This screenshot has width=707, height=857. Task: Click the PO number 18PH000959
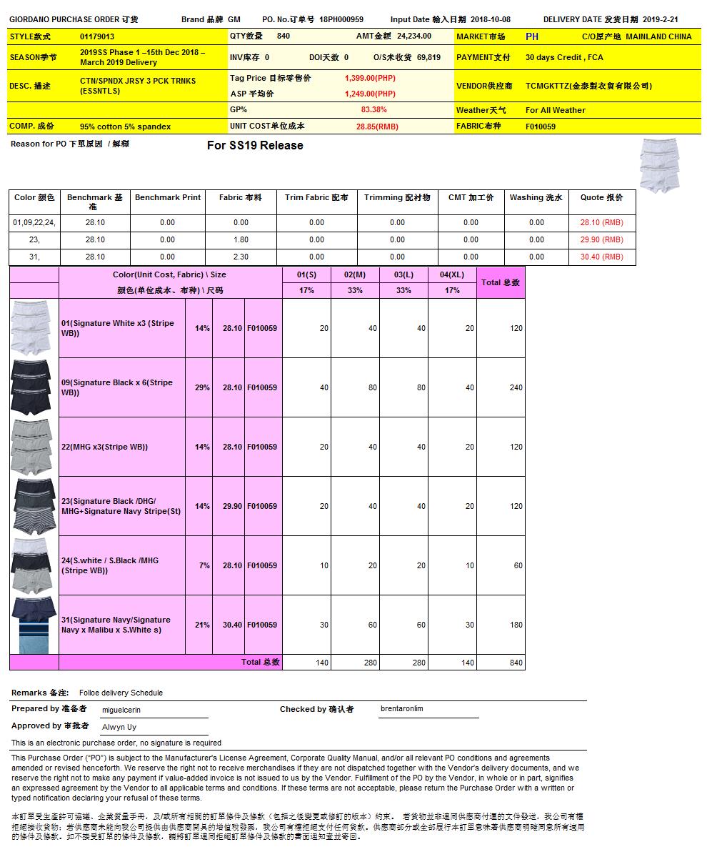[x=341, y=20]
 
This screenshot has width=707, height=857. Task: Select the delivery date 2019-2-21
[x=660, y=20]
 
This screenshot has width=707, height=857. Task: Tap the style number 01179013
[x=97, y=36]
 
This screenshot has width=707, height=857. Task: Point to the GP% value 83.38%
[x=373, y=110]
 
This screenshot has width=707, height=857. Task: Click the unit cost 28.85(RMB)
[x=377, y=127]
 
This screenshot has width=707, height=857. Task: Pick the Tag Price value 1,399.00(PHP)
[x=370, y=78]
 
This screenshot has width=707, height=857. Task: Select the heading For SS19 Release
[x=255, y=146]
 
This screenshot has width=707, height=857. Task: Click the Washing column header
[x=536, y=197]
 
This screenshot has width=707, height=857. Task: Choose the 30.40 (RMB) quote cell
[x=601, y=257]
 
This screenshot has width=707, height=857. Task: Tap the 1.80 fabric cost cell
[x=241, y=239]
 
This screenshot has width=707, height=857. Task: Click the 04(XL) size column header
[x=452, y=274]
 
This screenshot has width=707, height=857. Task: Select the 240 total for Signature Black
[x=516, y=387]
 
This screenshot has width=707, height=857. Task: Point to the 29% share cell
[x=202, y=387]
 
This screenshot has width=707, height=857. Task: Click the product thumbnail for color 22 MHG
[x=34, y=447]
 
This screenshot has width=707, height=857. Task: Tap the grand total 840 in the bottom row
[x=516, y=663]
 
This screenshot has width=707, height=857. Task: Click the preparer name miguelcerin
[x=121, y=710]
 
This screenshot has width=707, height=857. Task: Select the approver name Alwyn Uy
[x=119, y=727]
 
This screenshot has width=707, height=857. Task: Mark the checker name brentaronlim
[x=402, y=709]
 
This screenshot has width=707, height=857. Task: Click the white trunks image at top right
[x=658, y=166]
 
